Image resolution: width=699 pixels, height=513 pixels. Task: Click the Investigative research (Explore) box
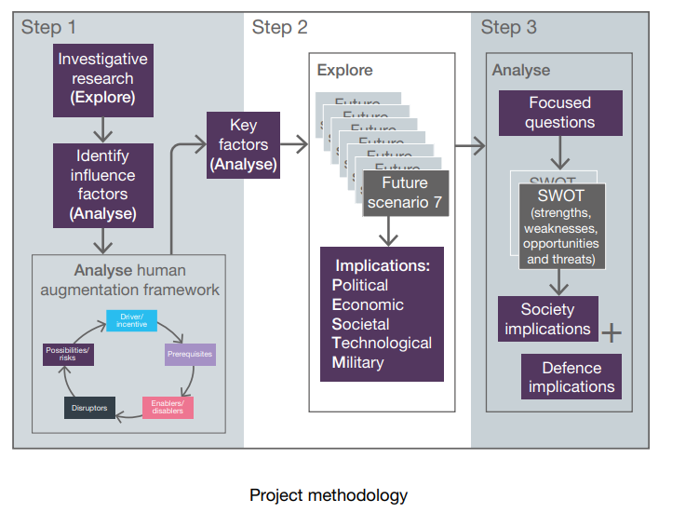102,78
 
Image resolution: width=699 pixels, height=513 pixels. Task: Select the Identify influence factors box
102,184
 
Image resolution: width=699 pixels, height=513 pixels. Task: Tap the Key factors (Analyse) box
243,144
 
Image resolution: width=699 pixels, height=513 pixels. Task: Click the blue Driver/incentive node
131,320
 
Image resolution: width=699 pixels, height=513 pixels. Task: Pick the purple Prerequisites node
190,355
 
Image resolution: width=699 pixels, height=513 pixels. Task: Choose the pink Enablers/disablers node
168,407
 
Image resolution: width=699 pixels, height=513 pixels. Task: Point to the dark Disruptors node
90,407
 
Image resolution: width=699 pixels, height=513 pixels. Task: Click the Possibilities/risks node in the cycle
68,355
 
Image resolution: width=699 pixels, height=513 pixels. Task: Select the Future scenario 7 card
406,192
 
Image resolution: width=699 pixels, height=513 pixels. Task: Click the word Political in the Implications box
360,285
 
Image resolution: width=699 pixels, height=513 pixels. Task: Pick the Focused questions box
559,113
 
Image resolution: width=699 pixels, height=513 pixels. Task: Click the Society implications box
547,318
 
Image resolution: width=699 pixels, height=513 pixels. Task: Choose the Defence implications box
571,377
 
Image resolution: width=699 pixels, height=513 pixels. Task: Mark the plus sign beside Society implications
612,332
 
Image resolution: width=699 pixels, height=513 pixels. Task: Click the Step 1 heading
49,27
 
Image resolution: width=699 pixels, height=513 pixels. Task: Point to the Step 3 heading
508,27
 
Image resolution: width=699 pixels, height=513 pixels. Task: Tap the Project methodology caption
328,494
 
